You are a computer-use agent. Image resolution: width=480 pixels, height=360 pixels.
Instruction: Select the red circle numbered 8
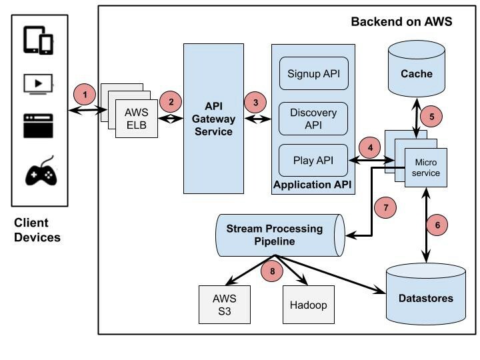[x=272, y=270]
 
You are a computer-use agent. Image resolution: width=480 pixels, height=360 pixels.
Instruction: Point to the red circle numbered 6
[x=437, y=225]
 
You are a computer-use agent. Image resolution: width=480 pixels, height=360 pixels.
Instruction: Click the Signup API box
[x=313, y=73]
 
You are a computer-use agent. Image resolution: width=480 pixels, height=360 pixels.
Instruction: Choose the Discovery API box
[x=313, y=118]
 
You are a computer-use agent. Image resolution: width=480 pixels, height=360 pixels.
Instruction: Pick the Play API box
[x=313, y=160]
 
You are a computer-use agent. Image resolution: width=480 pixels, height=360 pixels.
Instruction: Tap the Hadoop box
[x=307, y=305]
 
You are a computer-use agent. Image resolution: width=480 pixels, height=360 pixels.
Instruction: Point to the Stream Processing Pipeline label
[x=274, y=235]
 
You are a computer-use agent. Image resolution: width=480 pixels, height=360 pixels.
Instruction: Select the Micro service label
[x=427, y=167]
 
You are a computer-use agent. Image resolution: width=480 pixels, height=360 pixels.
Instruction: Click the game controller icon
[x=41, y=173]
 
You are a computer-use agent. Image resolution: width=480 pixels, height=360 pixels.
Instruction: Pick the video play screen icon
[x=38, y=83]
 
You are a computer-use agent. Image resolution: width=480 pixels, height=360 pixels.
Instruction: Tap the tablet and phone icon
[x=38, y=40]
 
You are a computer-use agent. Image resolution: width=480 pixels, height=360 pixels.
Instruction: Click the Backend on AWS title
[x=401, y=22]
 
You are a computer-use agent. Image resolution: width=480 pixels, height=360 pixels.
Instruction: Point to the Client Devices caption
[x=37, y=230]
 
